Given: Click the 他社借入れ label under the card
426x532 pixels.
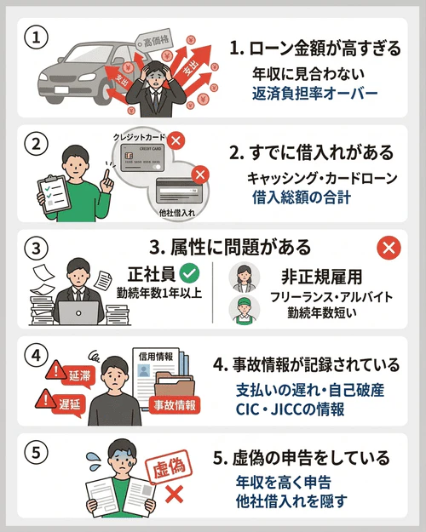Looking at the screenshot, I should pos(177,209).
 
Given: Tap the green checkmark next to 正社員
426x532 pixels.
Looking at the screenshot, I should pos(190,274).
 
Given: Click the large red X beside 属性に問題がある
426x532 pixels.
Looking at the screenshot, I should pos(388,249).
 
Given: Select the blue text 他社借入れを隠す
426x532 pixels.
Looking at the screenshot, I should pos(291,501).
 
